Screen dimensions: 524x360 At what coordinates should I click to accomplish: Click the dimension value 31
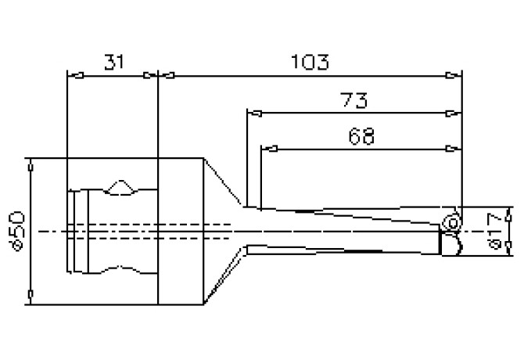click(113, 61)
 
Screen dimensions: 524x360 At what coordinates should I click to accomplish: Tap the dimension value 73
click(354, 99)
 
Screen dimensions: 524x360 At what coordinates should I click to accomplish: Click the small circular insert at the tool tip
click(451, 221)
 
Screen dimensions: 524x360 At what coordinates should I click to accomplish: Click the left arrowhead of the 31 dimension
click(76, 77)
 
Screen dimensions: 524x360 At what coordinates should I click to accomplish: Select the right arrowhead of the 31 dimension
click(151, 77)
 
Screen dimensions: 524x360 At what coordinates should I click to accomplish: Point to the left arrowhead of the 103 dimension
click(167, 77)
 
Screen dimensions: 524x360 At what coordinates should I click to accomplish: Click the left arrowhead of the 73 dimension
click(253, 113)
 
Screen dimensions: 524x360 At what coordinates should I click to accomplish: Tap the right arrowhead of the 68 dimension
click(450, 149)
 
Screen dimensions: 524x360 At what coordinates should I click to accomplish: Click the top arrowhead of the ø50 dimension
click(31, 166)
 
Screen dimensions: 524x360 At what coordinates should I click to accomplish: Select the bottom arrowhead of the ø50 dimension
click(31, 295)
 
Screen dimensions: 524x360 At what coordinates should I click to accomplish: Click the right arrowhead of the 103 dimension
click(450, 77)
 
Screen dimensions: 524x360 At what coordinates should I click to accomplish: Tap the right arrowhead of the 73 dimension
click(450, 113)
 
